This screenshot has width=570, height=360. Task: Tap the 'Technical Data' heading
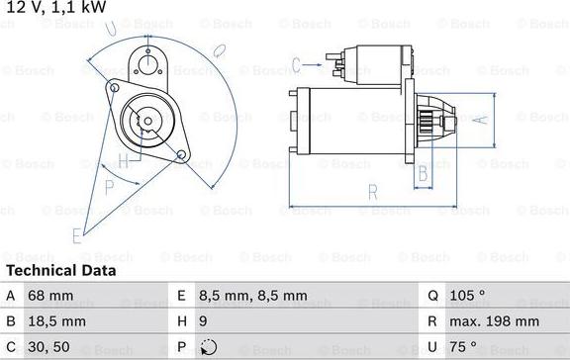coord(60,270)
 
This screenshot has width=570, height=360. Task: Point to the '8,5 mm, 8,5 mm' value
coord(253,296)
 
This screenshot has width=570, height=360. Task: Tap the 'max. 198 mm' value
coord(495,321)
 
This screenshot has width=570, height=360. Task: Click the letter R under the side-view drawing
coord(372,191)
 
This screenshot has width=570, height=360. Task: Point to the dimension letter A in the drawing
coord(482,120)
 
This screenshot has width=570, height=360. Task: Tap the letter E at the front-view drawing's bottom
coord(76,234)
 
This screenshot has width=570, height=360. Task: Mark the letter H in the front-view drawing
coord(124,159)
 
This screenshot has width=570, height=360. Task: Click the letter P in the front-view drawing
coord(109,185)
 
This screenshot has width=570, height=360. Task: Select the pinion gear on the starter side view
coord(427,120)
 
